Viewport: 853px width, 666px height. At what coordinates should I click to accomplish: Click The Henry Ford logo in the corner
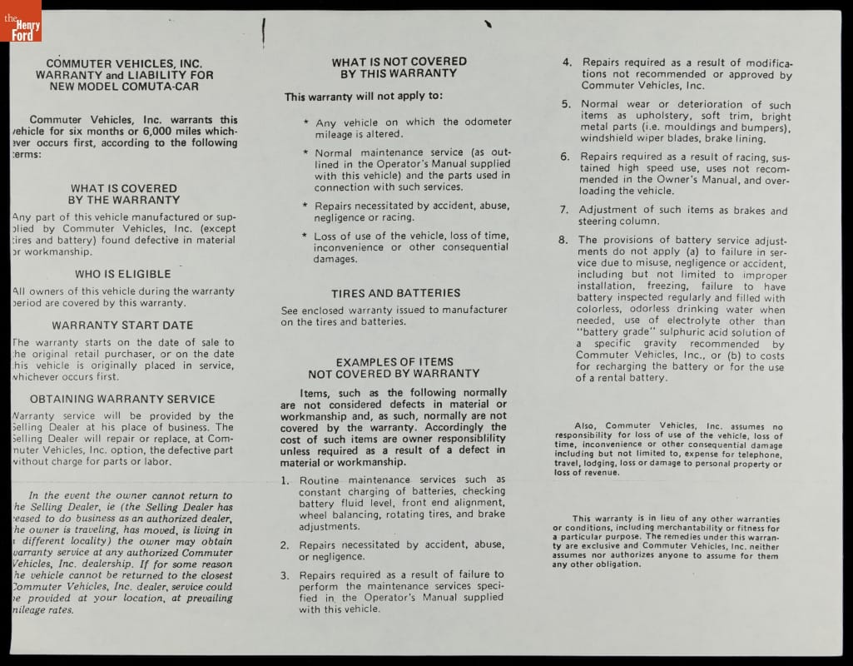pos(21,21)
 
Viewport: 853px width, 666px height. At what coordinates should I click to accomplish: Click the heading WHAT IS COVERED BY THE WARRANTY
pos(124,194)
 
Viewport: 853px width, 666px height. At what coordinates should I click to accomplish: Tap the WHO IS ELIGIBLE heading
pos(123,274)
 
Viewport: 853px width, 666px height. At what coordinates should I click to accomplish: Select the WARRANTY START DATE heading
pos(123,326)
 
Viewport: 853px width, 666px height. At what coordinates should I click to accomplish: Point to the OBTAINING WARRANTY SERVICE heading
pos(122,400)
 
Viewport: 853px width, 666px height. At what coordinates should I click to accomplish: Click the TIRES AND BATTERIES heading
pos(395,293)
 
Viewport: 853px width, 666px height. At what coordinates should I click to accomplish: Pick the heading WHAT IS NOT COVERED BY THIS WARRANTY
pos(399,67)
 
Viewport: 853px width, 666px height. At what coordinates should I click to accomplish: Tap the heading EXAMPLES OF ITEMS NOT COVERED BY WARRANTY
pos(394,367)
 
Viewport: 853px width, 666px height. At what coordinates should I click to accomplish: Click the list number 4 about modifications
pos(567,62)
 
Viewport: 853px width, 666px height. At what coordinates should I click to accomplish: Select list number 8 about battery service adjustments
pos(563,240)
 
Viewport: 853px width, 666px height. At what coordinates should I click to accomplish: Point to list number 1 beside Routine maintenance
pos(285,480)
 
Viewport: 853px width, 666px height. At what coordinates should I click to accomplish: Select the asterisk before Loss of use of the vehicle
pos(305,236)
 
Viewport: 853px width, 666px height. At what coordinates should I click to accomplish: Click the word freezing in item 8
pos(667,286)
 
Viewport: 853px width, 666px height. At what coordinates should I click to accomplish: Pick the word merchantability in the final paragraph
pos(692,528)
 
